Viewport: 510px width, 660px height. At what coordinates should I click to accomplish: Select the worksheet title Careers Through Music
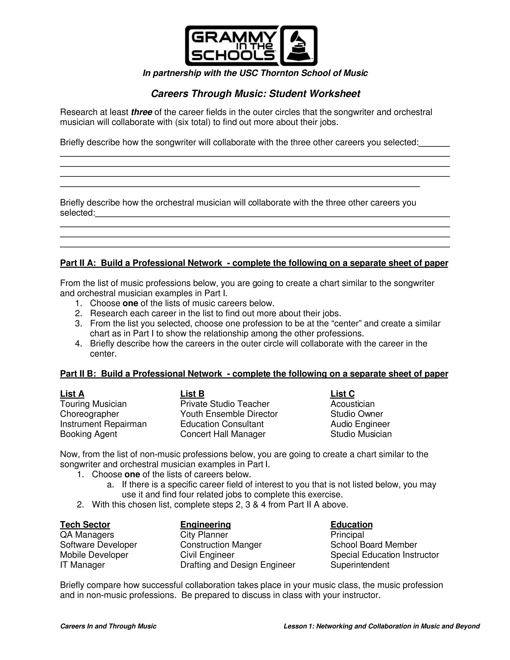point(255,94)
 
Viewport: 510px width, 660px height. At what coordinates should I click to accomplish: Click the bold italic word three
point(141,112)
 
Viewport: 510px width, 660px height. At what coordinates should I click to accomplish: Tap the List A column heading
point(72,394)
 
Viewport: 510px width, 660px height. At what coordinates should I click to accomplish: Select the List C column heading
point(342,394)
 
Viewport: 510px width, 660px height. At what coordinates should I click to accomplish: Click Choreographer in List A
point(89,414)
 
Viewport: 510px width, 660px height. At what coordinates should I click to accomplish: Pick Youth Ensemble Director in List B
point(229,414)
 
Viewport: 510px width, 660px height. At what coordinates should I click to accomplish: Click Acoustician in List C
point(352,404)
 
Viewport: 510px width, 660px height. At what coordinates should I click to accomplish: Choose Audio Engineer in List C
point(360,424)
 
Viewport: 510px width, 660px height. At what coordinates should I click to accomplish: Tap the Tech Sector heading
point(85,524)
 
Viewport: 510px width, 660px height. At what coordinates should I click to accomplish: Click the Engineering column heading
point(205,524)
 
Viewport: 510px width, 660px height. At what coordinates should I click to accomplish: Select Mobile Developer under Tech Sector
point(94,555)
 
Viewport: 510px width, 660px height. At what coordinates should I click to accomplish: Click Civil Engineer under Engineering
point(207,555)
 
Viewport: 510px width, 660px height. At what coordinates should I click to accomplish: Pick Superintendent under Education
point(360,565)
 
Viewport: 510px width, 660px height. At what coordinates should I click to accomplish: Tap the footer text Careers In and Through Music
point(108,626)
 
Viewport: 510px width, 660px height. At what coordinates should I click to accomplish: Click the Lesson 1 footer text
point(381,626)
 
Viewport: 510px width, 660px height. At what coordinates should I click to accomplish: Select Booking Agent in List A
point(88,434)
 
